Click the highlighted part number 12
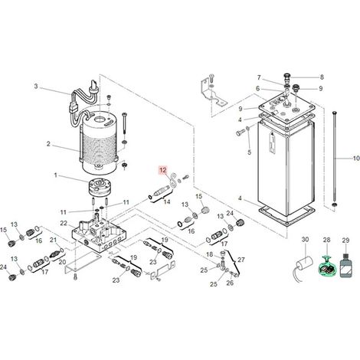(163, 170)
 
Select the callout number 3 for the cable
(36, 86)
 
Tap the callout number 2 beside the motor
(48, 144)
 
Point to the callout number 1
(56, 175)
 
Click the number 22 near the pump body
(64, 223)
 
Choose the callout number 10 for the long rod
(356, 159)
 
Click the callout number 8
(322, 77)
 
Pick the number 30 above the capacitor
(305, 240)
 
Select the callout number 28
(326, 240)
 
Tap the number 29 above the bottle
(345, 241)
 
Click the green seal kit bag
(326, 267)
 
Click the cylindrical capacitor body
(304, 263)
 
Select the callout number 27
(241, 260)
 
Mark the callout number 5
(249, 152)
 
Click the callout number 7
(259, 77)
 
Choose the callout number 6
(257, 88)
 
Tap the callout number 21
(53, 240)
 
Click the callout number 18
(209, 254)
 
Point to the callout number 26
(230, 283)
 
